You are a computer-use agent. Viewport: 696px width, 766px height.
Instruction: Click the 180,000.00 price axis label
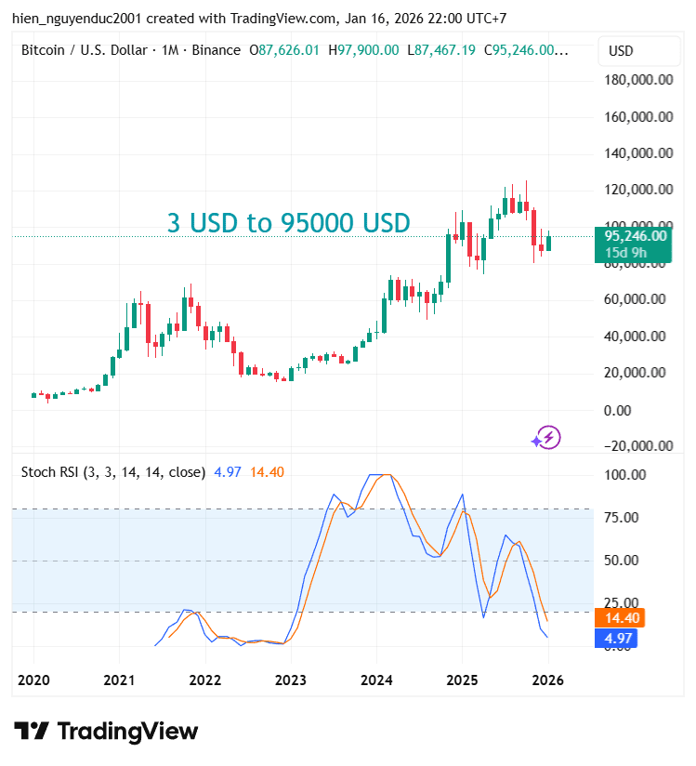[x=638, y=80]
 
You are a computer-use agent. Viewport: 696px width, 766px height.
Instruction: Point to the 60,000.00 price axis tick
[x=638, y=299]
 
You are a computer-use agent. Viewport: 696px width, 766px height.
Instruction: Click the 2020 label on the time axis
[x=33, y=680]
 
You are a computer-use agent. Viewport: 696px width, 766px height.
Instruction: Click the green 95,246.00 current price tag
[x=635, y=236]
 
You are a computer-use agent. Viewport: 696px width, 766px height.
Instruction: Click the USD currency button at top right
[x=621, y=50]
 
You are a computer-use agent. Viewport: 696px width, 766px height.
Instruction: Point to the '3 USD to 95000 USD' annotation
[x=288, y=223]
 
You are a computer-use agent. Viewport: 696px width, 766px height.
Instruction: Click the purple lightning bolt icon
[x=545, y=437]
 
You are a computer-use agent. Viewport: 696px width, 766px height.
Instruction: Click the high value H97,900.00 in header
[x=364, y=50]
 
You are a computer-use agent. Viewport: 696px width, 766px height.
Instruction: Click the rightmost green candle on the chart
[x=548, y=243]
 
